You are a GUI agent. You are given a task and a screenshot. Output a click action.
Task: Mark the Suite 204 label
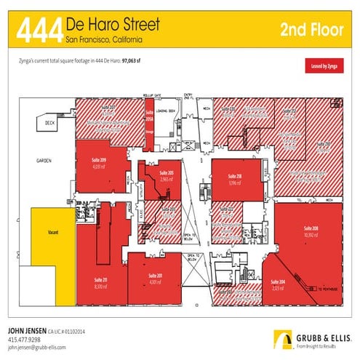(x=276, y=282)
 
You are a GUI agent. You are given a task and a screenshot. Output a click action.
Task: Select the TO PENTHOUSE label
(x=329, y=288)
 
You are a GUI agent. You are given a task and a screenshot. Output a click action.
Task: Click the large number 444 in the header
(x=39, y=30)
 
